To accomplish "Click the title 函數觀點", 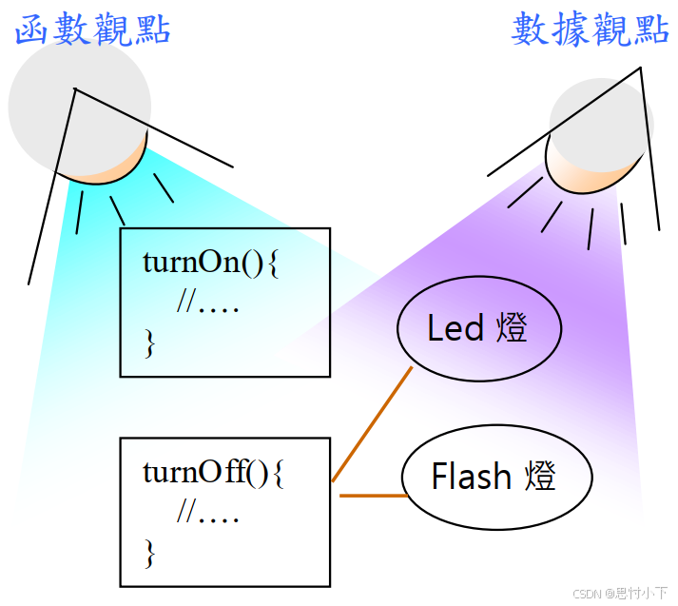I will [x=92, y=29].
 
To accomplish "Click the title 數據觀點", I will [x=590, y=29].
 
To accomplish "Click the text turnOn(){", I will [x=210, y=263].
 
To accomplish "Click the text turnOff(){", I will [x=213, y=473].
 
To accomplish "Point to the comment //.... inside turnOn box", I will [x=207, y=303].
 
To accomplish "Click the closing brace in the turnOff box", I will [x=148, y=553].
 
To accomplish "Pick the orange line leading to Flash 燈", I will [x=373, y=496].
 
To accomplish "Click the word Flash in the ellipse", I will [x=471, y=476].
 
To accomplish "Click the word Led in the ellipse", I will [x=455, y=328].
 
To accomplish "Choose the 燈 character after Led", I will [x=512, y=328].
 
